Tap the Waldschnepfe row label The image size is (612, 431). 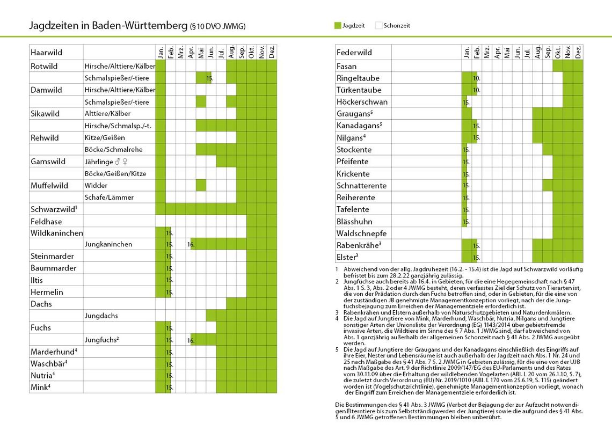coord(361,233)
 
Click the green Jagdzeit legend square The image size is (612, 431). coord(337,25)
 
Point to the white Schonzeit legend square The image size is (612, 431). coord(378,25)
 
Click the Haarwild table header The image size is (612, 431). coord(47,53)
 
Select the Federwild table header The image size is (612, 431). coord(354,53)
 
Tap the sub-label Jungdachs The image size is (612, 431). coord(101,316)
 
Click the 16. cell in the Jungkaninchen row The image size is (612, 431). coord(191,245)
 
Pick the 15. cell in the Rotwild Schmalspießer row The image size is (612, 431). coord(210,78)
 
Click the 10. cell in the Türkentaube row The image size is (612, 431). coord(476,90)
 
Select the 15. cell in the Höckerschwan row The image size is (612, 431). coord(466,102)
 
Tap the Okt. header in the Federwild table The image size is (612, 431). coord(558,52)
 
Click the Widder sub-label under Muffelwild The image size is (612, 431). coord(96,185)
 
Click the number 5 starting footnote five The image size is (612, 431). coord(336,350)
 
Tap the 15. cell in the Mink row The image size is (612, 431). coord(169,387)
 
